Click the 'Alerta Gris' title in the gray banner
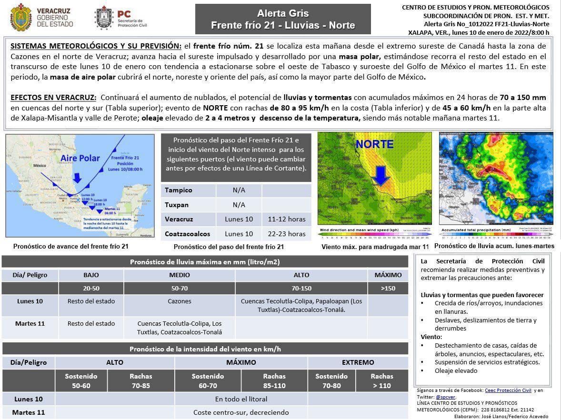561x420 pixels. [x=283, y=13]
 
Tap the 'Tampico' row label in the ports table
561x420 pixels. [x=179, y=190]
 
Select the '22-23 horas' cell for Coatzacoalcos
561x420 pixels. [x=286, y=234]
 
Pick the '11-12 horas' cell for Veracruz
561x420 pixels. [x=286, y=219]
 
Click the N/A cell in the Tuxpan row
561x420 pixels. [x=239, y=205]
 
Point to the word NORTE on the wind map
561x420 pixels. [x=375, y=144]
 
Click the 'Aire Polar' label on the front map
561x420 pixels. [x=80, y=159]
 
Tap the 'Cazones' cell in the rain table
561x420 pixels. [x=180, y=301]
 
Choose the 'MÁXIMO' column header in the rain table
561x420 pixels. [x=388, y=275]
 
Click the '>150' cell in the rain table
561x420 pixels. [x=388, y=288]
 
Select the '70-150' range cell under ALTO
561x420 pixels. [x=301, y=288]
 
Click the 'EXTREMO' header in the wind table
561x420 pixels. [x=358, y=362]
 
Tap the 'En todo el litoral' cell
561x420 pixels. [x=241, y=399]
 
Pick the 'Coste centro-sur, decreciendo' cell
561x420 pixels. [x=241, y=412]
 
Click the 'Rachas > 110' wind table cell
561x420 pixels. [x=382, y=380]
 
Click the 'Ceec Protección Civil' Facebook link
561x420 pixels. [x=508, y=390]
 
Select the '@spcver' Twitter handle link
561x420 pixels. [x=446, y=397]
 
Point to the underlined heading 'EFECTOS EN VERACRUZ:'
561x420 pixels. [x=53, y=98]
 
